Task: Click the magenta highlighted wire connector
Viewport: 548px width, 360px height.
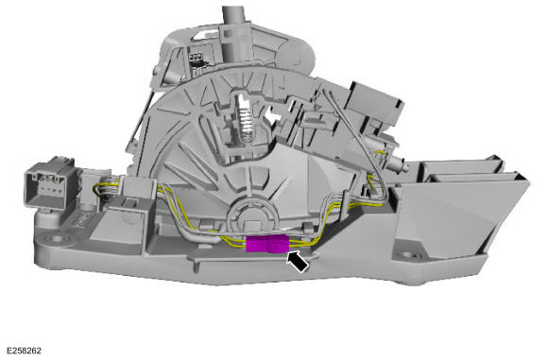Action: (267, 244)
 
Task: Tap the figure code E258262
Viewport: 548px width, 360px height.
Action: (24, 351)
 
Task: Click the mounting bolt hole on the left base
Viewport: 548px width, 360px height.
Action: (57, 239)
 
